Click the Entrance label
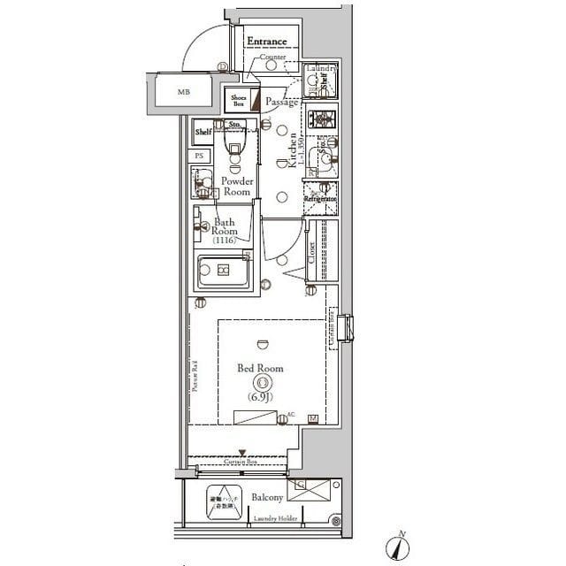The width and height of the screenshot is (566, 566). click(x=267, y=42)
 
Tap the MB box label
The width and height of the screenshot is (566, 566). click(x=183, y=92)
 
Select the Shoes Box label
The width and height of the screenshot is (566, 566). click(x=236, y=101)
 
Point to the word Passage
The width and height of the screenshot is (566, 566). click(x=282, y=103)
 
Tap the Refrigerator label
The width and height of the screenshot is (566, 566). click(x=320, y=199)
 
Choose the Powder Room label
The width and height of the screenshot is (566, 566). click(x=237, y=186)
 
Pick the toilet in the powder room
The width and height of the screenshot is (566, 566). click(x=234, y=154)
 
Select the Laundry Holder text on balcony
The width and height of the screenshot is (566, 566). click(x=273, y=519)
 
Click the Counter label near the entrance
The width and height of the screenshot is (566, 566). click(x=273, y=57)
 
